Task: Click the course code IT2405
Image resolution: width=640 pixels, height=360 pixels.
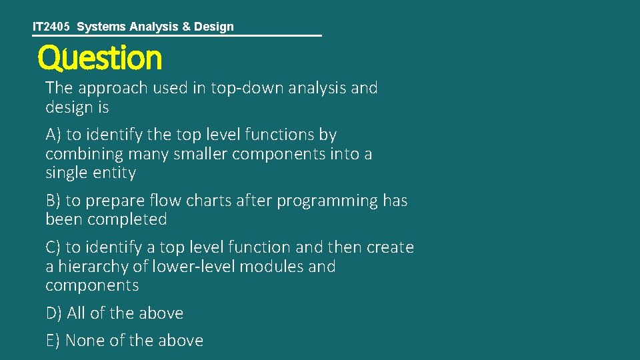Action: tap(51, 27)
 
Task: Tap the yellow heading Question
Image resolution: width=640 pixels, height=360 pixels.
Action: tap(99, 59)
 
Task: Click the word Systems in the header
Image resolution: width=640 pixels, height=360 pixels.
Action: tap(99, 27)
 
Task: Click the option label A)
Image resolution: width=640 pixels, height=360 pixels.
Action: tap(53, 135)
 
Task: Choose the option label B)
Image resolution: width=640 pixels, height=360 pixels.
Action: tap(53, 201)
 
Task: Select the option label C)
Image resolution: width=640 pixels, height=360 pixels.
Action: tap(53, 247)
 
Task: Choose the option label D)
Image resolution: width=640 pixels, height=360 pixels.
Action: tap(54, 313)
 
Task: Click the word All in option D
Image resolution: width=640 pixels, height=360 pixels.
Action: tap(77, 313)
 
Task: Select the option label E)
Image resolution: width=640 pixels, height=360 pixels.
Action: tap(53, 341)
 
